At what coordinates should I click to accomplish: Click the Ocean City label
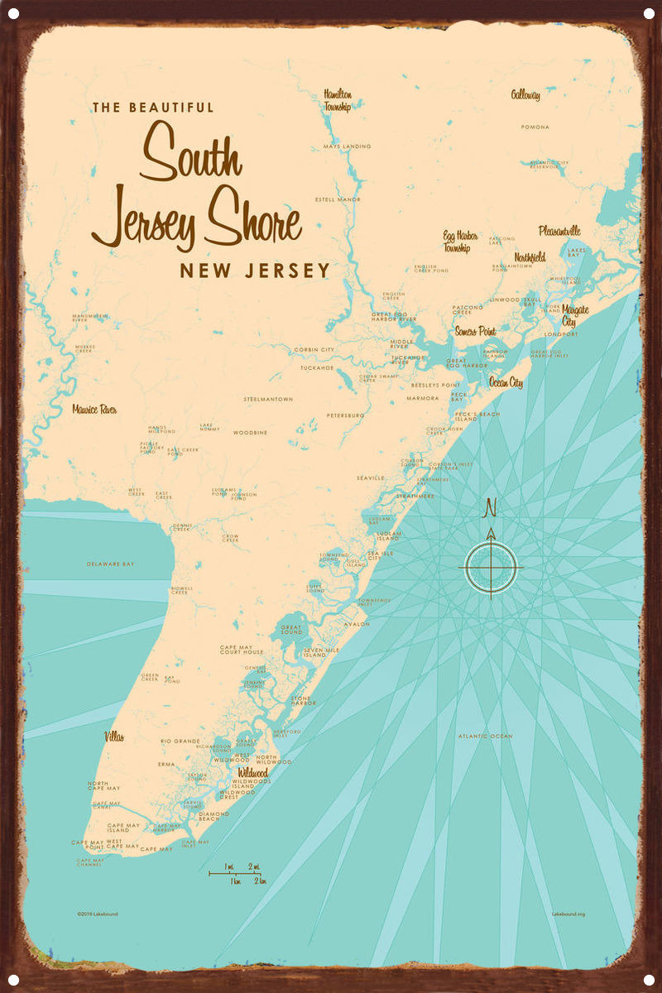click(506, 382)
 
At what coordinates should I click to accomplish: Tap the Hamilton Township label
click(338, 100)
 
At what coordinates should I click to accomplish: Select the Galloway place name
click(525, 95)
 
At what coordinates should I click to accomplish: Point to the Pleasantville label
click(559, 231)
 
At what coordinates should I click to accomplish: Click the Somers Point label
click(476, 331)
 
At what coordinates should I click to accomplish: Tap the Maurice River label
click(94, 409)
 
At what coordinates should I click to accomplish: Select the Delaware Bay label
click(111, 564)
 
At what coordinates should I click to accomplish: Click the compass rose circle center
click(491, 568)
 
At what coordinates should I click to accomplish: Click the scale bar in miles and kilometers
click(237, 873)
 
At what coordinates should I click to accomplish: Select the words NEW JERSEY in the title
click(255, 271)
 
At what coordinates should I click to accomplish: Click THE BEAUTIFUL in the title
click(153, 108)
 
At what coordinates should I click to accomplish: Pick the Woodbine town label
click(250, 432)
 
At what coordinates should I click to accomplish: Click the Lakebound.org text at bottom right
click(568, 914)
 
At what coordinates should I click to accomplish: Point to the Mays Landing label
click(347, 146)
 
